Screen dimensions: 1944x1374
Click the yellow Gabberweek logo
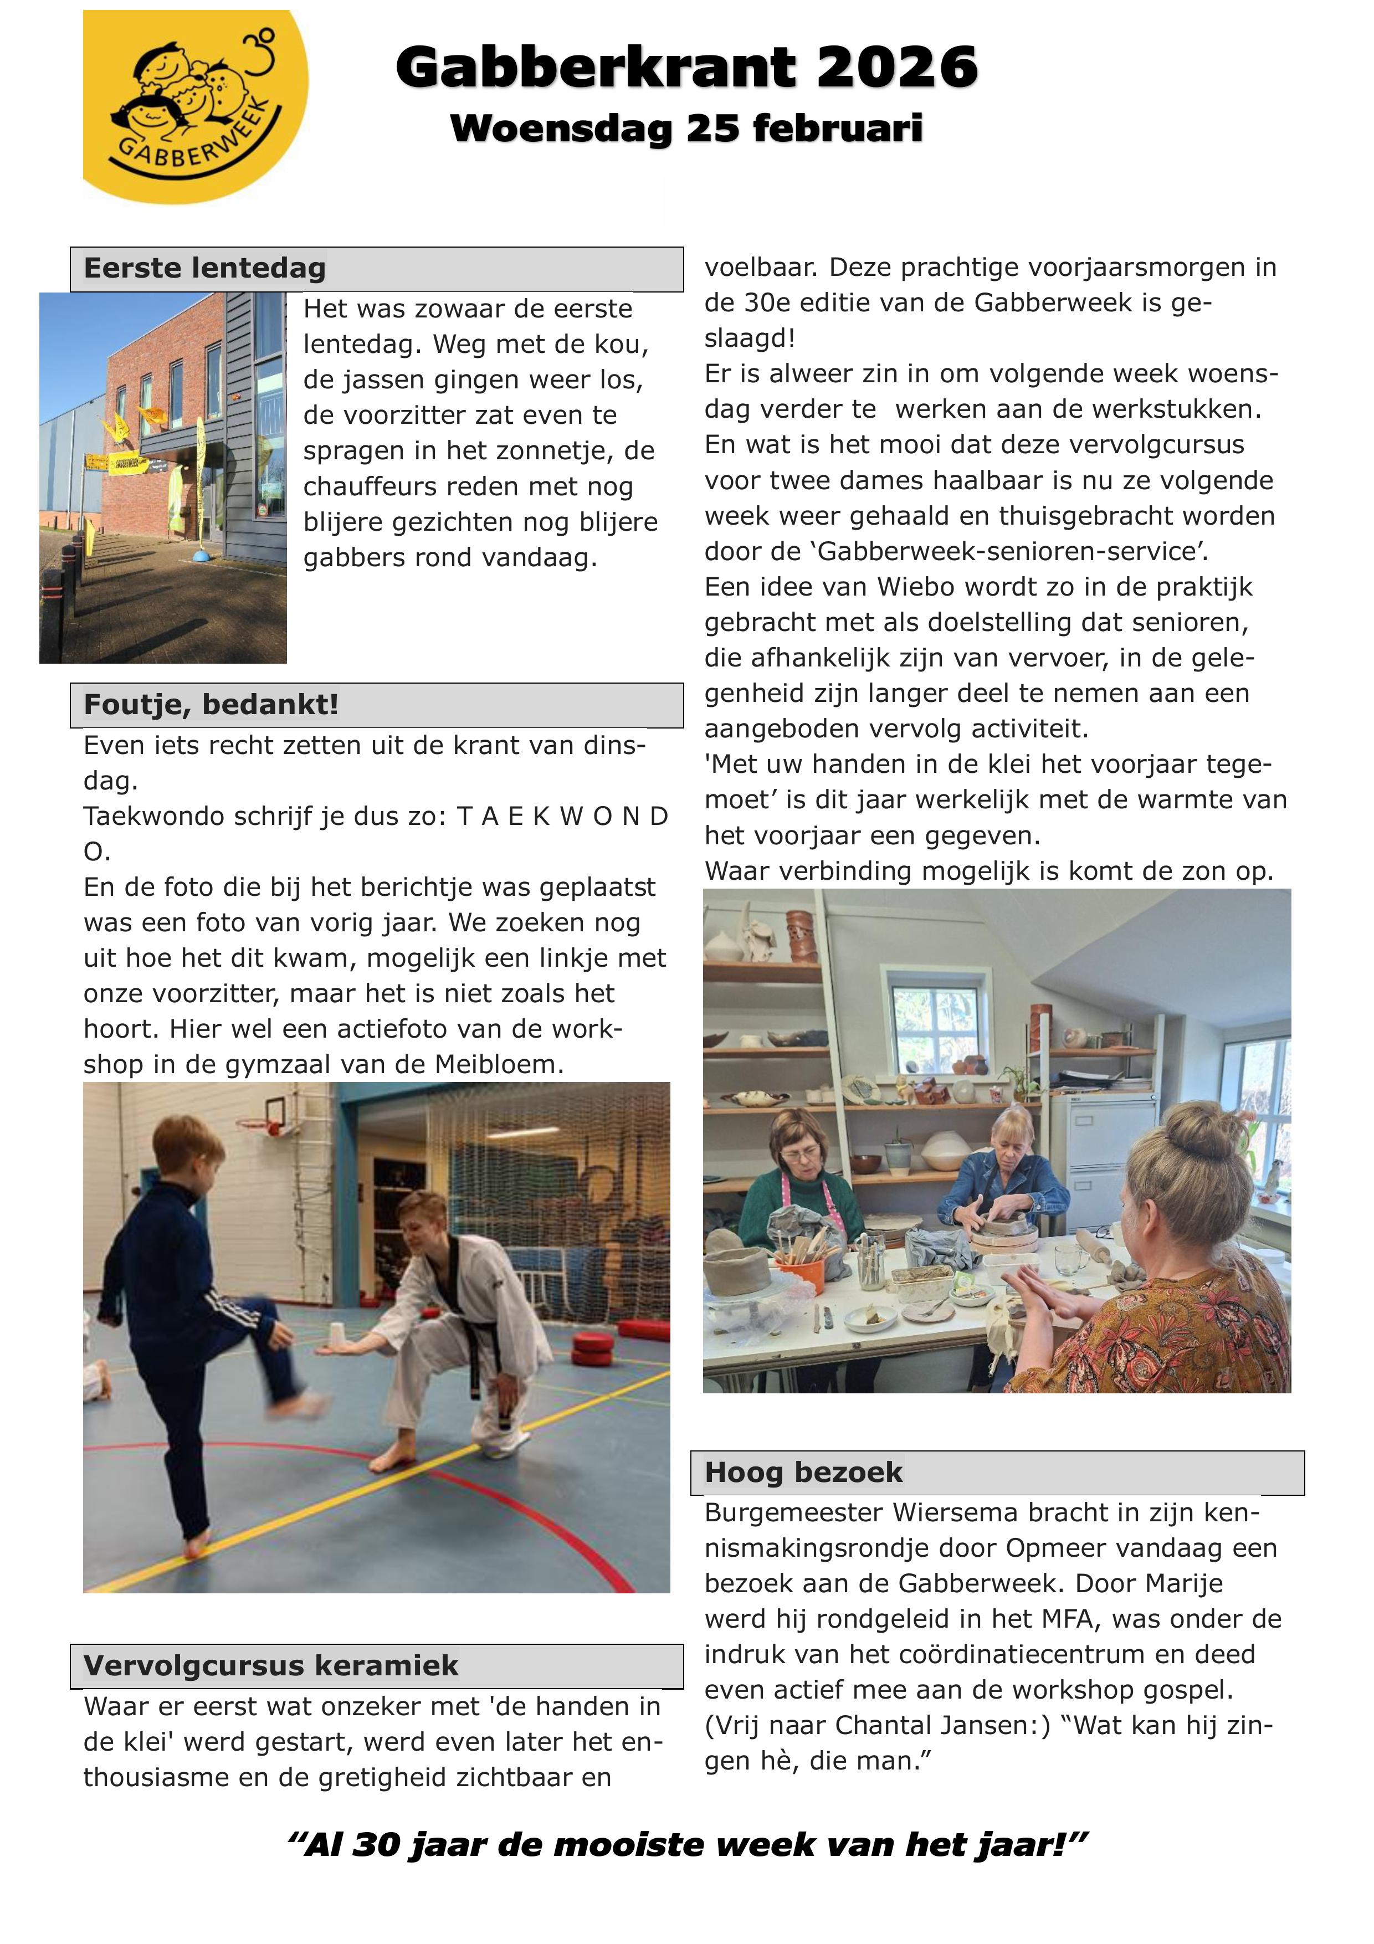(x=196, y=107)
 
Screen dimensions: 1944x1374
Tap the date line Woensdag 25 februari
(x=686, y=129)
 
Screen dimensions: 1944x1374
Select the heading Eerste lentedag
(x=205, y=268)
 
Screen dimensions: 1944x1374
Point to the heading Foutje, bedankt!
(x=211, y=705)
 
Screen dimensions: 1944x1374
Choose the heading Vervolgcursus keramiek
(x=271, y=1665)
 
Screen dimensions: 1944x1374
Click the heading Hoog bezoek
(x=803, y=1473)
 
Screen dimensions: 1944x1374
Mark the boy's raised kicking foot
(x=298, y=1404)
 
